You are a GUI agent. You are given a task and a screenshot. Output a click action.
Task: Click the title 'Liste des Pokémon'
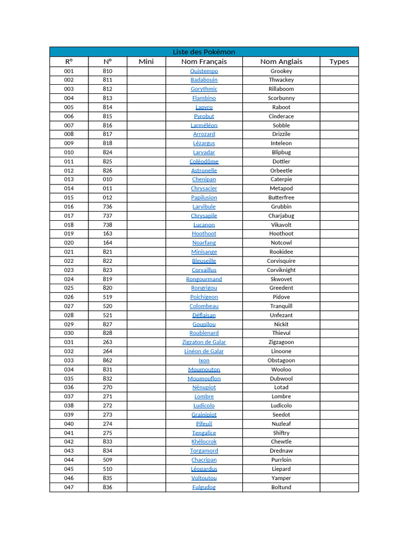(x=204, y=52)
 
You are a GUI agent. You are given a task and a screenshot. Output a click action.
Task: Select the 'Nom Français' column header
(x=204, y=61)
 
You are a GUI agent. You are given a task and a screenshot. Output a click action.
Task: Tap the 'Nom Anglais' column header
(x=281, y=61)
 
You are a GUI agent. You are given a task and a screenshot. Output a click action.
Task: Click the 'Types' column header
(x=339, y=61)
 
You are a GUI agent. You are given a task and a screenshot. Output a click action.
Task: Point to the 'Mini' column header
(x=146, y=61)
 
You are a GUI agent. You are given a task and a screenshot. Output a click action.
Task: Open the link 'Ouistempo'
(x=204, y=71)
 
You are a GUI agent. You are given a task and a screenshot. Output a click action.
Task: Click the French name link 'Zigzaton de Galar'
(x=204, y=342)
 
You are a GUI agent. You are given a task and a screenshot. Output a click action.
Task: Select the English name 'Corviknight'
(x=281, y=270)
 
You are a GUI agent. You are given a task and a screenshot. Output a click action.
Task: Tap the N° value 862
(x=108, y=360)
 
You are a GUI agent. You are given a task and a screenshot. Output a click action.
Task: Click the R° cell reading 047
(x=69, y=487)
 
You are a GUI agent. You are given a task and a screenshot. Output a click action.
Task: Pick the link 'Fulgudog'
(x=204, y=487)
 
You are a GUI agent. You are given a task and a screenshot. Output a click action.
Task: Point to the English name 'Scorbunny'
(x=281, y=98)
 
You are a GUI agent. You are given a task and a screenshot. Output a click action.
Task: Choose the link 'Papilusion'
(x=204, y=197)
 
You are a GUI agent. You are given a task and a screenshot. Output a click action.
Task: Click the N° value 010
(x=108, y=179)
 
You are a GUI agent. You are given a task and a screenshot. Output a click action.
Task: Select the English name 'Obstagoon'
(x=281, y=360)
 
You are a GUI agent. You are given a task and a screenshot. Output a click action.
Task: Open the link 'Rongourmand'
(x=204, y=279)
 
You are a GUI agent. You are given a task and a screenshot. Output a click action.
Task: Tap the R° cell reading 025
(x=69, y=288)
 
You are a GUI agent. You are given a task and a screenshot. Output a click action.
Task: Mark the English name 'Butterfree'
(x=281, y=197)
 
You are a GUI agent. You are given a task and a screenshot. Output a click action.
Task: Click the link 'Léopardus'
(x=204, y=469)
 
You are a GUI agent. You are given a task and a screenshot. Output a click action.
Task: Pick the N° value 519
(x=108, y=297)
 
